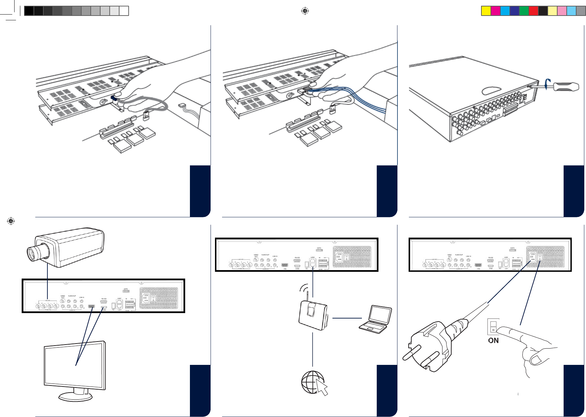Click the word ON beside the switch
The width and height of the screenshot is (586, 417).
click(493, 341)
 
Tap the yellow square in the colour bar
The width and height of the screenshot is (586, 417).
click(486, 11)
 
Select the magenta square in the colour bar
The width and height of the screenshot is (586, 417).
click(495, 11)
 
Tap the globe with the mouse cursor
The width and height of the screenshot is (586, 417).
click(313, 382)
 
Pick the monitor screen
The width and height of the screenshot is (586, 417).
click(74, 365)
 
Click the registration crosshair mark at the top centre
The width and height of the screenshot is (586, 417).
click(305, 11)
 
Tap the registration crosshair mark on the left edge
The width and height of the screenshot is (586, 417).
click(11, 221)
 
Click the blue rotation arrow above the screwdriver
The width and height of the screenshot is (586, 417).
click(547, 83)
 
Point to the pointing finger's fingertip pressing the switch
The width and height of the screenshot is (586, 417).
click(501, 330)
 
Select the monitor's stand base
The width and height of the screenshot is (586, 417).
click(75, 397)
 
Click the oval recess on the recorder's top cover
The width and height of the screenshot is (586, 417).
click(491, 90)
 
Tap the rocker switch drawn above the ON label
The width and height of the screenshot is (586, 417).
click(493, 326)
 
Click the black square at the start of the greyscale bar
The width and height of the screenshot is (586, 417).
click(29, 11)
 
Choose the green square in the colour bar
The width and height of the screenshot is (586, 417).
click(524, 11)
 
